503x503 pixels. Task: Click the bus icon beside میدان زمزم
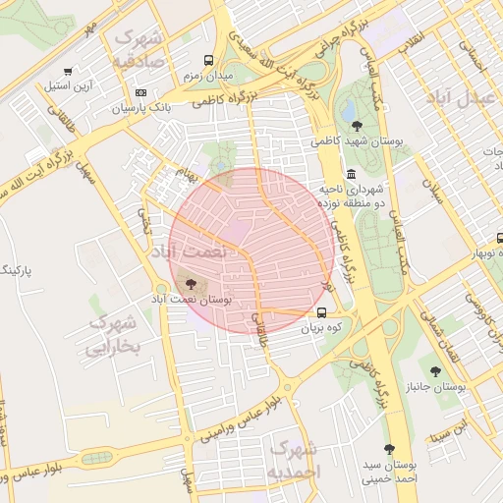[x=208, y=59]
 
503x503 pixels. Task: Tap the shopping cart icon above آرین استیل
[x=68, y=71]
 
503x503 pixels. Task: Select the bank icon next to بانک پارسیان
[x=140, y=93]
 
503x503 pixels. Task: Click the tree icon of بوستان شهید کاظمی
[x=356, y=125]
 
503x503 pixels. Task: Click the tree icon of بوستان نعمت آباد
[x=191, y=284]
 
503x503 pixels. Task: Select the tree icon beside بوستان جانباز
[x=435, y=371]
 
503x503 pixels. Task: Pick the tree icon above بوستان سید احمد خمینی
[x=389, y=448]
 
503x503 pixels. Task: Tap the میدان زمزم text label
[x=207, y=76]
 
